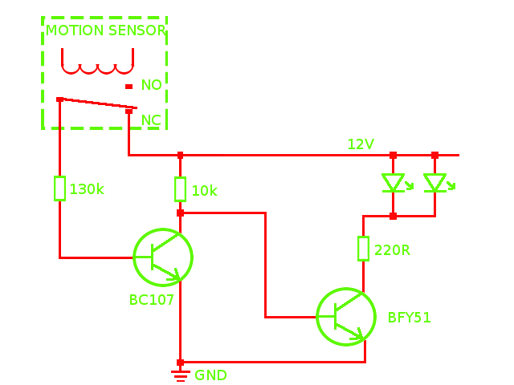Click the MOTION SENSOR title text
(x=105, y=30)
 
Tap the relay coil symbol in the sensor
(x=97, y=63)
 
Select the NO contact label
(x=151, y=85)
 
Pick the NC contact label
(x=151, y=120)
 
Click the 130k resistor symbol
(x=59, y=188)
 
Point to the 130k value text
(x=87, y=189)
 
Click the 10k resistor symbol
(x=180, y=189)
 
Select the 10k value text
(x=204, y=191)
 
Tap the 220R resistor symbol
(x=363, y=249)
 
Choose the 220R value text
(x=392, y=250)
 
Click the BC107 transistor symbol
(x=163, y=257)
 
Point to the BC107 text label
(x=152, y=300)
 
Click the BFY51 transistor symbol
(x=346, y=317)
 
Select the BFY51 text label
(x=410, y=318)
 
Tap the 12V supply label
(x=361, y=144)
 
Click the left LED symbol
(x=393, y=184)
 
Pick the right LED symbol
(x=434, y=184)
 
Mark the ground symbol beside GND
(x=180, y=375)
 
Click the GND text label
(x=210, y=375)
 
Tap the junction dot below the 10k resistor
(x=180, y=213)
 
